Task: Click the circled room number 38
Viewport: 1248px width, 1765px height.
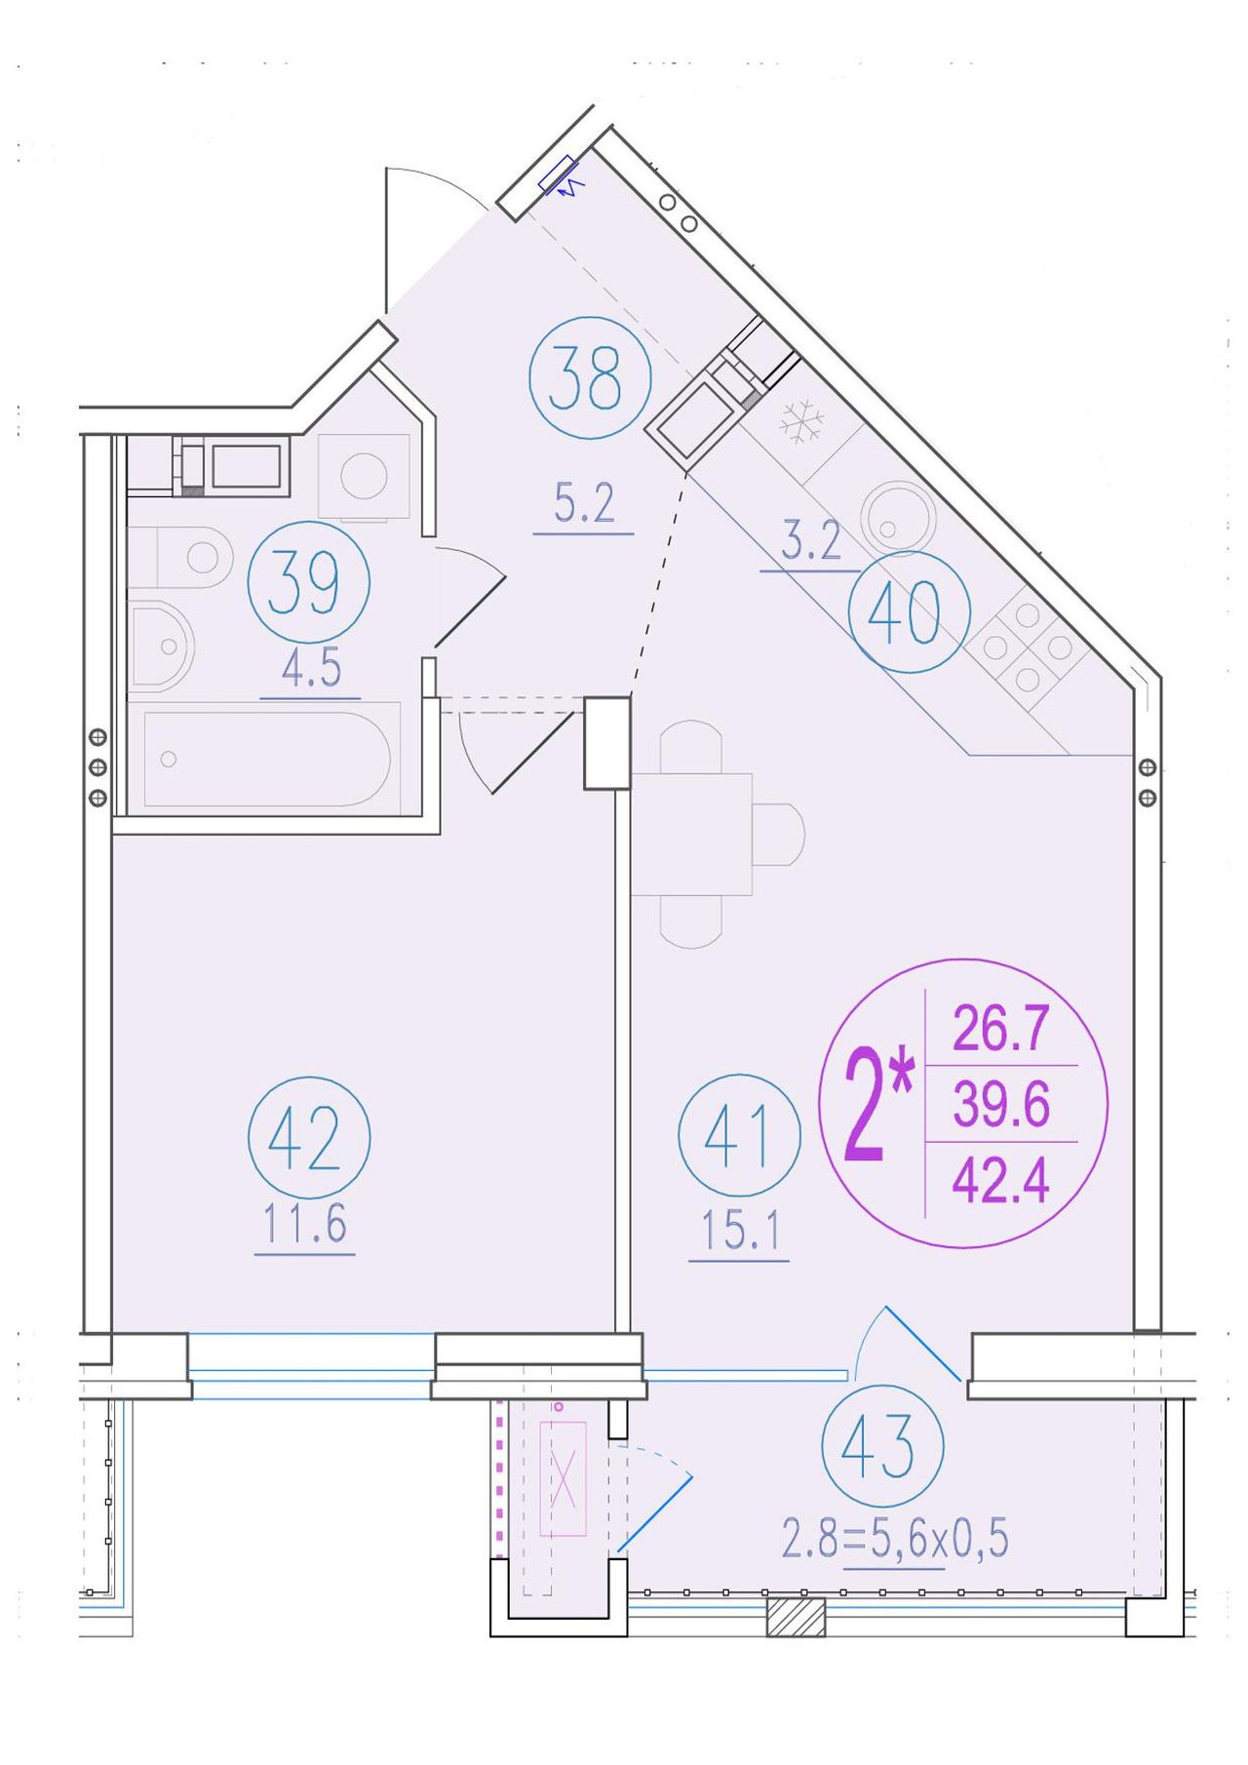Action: [x=589, y=377]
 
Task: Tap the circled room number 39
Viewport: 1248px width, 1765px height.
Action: [x=309, y=582]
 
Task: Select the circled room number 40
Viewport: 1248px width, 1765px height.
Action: [x=909, y=611]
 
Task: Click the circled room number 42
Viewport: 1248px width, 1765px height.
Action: [x=309, y=1137]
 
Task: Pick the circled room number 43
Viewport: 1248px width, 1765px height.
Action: [x=882, y=1446]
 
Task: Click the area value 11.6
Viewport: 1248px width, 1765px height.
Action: [x=305, y=1224]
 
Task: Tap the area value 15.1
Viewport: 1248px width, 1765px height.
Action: [x=740, y=1233]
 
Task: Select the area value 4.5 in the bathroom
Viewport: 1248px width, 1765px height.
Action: [x=311, y=669]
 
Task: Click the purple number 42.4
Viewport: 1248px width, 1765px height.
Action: [x=1000, y=1182]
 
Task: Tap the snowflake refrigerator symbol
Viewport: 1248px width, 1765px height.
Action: [x=801, y=421]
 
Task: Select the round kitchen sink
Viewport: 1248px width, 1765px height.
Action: [x=898, y=517]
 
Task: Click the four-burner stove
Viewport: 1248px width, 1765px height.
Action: [x=1026, y=646]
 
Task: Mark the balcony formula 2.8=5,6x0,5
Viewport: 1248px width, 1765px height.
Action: [x=895, y=1541]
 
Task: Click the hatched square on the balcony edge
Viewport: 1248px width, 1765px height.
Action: [x=796, y=1616]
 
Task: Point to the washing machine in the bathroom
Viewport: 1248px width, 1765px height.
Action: [x=364, y=476]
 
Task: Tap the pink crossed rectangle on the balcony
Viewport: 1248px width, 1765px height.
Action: [x=563, y=1478]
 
